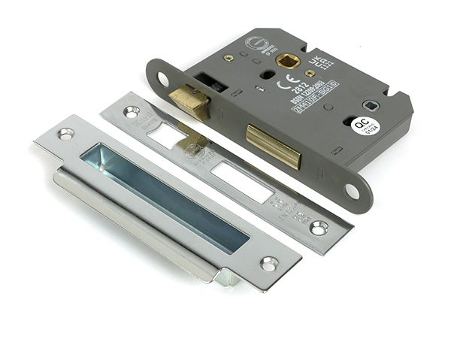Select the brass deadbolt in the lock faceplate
[x=273, y=144]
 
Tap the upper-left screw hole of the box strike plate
[x=66, y=134]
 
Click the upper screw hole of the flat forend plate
[x=132, y=112]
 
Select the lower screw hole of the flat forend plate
[x=318, y=227]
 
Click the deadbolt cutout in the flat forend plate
[x=241, y=183]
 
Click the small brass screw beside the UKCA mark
[x=310, y=73]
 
